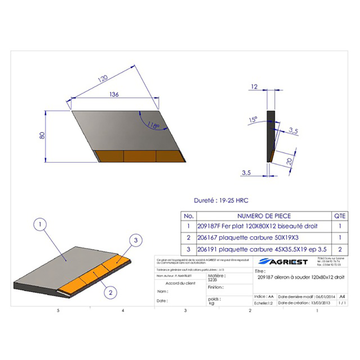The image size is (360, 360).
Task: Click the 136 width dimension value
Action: click(x=114, y=94)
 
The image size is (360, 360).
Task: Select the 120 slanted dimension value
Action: click(x=103, y=79)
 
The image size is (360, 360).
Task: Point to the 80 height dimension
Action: click(x=42, y=135)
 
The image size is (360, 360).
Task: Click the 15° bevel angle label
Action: click(x=252, y=120)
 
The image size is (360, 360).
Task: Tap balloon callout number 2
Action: click(x=109, y=292)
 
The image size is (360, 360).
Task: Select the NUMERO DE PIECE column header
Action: click(x=264, y=216)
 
